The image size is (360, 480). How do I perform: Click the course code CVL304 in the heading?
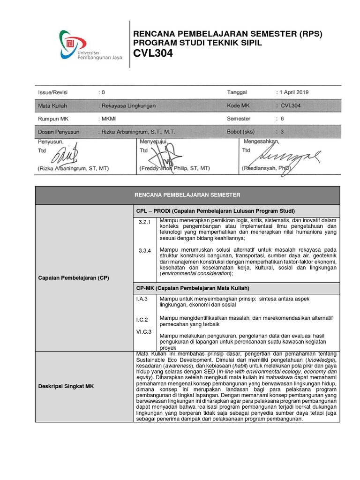point(153,53)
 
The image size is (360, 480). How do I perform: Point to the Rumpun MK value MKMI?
point(109,119)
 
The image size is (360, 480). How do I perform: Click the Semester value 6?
point(282,119)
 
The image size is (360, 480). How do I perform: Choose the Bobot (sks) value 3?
point(282,132)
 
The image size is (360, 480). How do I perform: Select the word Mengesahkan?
point(261,141)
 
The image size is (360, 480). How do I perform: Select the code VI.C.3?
point(144,331)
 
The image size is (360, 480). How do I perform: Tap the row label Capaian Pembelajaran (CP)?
point(73,278)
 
